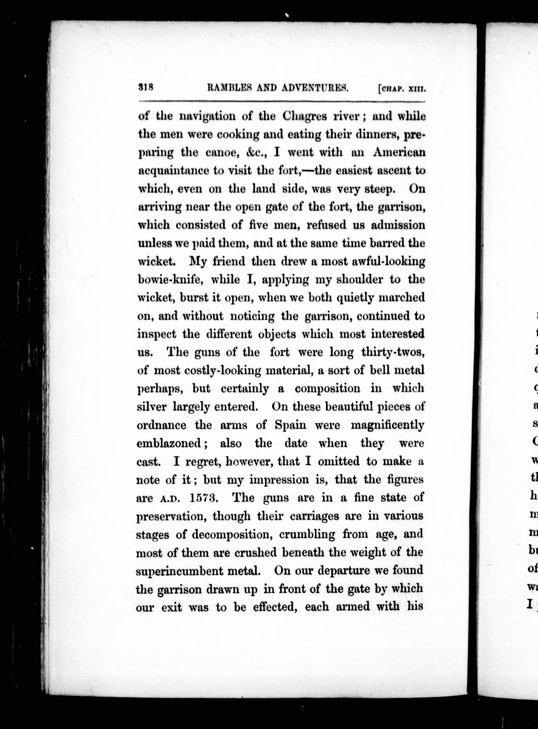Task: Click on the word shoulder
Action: pos(359,280)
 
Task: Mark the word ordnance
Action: pos(161,425)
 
